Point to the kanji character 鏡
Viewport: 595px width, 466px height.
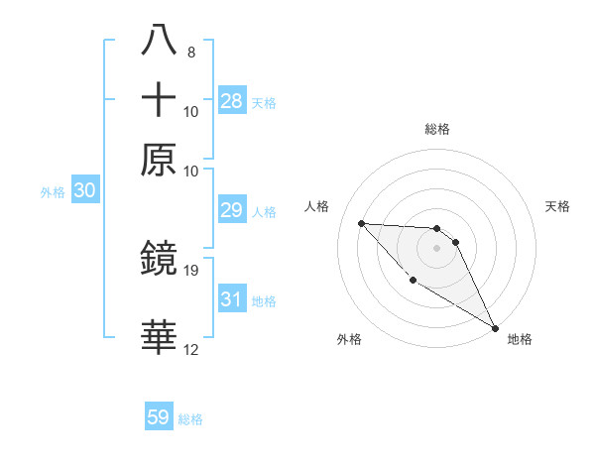point(160,259)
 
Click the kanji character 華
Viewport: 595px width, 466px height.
point(160,338)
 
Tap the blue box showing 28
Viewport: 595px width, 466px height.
point(232,101)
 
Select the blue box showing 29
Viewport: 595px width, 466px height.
point(232,211)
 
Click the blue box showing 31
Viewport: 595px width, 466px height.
point(232,299)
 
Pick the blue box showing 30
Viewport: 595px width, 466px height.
point(84,191)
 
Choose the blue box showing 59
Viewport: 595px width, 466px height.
point(159,417)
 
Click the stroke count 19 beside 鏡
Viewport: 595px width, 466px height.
point(191,270)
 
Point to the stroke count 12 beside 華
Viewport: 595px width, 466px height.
point(191,349)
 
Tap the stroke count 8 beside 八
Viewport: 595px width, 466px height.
point(190,52)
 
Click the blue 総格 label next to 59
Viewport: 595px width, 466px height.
point(190,419)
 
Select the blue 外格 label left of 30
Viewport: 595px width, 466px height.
point(53,193)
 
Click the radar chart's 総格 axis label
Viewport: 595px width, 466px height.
point(436,129)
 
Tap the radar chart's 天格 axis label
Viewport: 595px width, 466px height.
point(558,206)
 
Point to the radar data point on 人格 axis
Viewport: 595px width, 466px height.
point(361,223)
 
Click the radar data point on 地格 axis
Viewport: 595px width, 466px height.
point(495,328)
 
